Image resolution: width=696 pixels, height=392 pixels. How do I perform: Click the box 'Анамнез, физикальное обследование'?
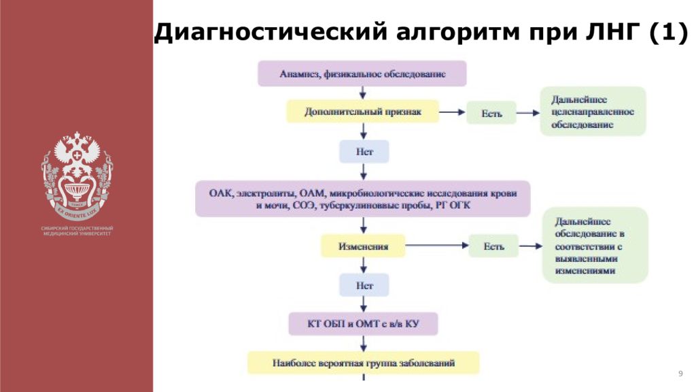click(362, 73)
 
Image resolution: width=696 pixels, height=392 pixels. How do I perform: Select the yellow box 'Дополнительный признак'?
click(363, 112)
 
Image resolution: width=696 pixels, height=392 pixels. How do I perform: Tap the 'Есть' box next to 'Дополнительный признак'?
click(491, 112)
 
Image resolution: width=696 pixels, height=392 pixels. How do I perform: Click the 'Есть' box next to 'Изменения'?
click(493, 246)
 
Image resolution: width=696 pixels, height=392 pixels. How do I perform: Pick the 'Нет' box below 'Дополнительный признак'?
click(364, 151)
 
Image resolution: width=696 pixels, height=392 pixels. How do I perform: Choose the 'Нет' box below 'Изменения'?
click(364, 285)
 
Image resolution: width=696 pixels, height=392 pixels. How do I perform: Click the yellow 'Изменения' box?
click(364, 246)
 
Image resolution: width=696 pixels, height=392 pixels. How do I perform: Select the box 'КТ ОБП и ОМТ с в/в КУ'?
click(363, 324)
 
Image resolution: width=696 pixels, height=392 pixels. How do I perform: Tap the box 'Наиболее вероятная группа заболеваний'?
click(363, 363)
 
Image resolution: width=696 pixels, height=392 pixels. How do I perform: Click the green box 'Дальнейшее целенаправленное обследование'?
click(593, 112)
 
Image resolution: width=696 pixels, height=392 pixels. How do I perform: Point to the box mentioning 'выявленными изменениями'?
click(595, 246)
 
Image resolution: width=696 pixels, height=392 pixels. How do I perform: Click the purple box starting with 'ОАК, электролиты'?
click(363, 199)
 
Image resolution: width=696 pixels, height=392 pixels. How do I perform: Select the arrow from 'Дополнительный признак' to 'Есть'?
click(452, 112)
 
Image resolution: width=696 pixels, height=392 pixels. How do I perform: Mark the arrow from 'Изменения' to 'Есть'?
click(436, 246)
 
